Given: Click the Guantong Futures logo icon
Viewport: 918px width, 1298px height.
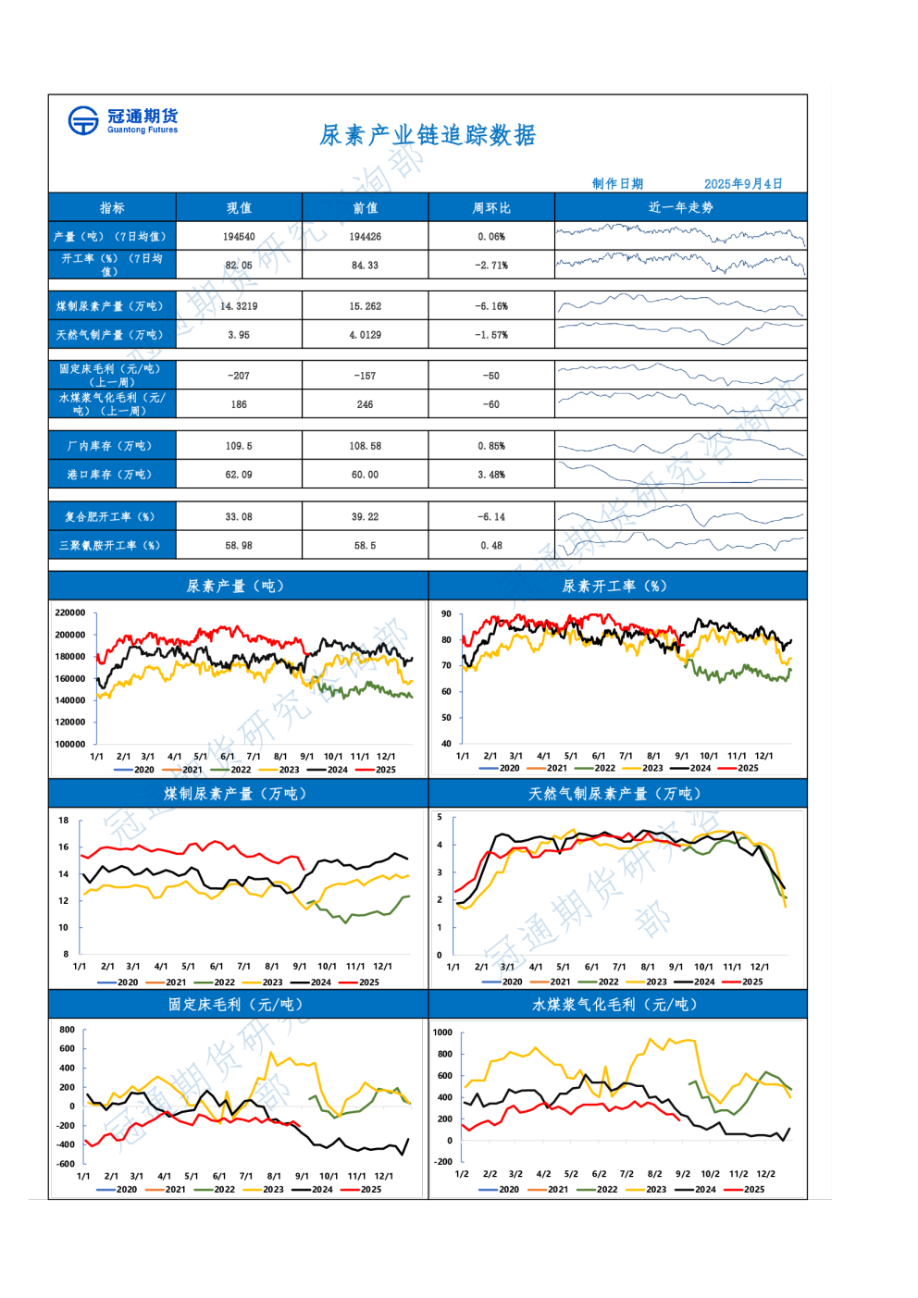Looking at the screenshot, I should tap(83, 120).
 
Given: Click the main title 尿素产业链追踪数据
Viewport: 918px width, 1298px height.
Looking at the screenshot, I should tap(428, 136).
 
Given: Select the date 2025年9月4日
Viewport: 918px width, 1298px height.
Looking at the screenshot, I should tap(742, 184).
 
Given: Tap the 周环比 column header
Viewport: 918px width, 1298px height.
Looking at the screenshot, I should tap(491, 208).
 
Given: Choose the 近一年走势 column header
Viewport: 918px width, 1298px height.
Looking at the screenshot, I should tap(680, 207).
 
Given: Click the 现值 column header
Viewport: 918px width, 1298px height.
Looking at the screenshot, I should tap(239, 208).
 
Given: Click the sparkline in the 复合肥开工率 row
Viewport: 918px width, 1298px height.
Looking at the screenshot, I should tap(680, 516).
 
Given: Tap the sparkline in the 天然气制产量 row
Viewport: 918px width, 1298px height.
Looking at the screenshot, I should tap(680, 333).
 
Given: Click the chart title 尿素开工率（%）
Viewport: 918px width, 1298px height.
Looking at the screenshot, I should tap(614, 586).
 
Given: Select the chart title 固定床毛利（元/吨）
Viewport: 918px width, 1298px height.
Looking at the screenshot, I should tap(237, 1004).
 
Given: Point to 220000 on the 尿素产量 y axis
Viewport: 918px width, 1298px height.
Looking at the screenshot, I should tap(70, 612).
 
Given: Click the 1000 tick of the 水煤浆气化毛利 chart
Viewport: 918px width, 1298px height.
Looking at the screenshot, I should tap(443, 1032).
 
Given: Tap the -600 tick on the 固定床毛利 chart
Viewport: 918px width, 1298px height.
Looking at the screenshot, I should tap(66, 1164).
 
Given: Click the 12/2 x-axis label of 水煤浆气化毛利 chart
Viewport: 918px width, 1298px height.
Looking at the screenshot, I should tap(765, 1174).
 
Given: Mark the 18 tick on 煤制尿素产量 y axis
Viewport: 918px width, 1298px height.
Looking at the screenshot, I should tap(64, 821).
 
